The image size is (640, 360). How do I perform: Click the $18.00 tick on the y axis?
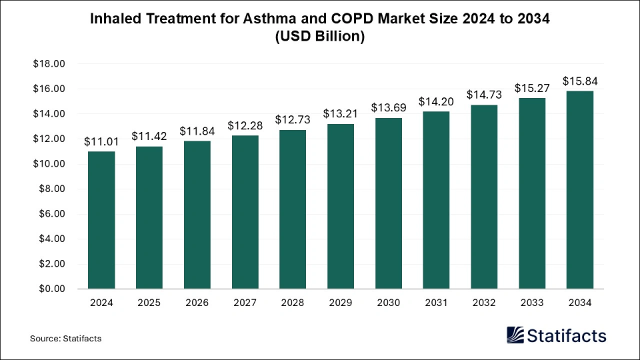(49, 64)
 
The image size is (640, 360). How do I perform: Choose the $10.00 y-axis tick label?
(49, 164)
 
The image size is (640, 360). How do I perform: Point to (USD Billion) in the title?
(319, 37)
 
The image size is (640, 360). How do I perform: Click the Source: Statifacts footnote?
(65, 339)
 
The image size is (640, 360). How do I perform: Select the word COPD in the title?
(349, 19)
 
